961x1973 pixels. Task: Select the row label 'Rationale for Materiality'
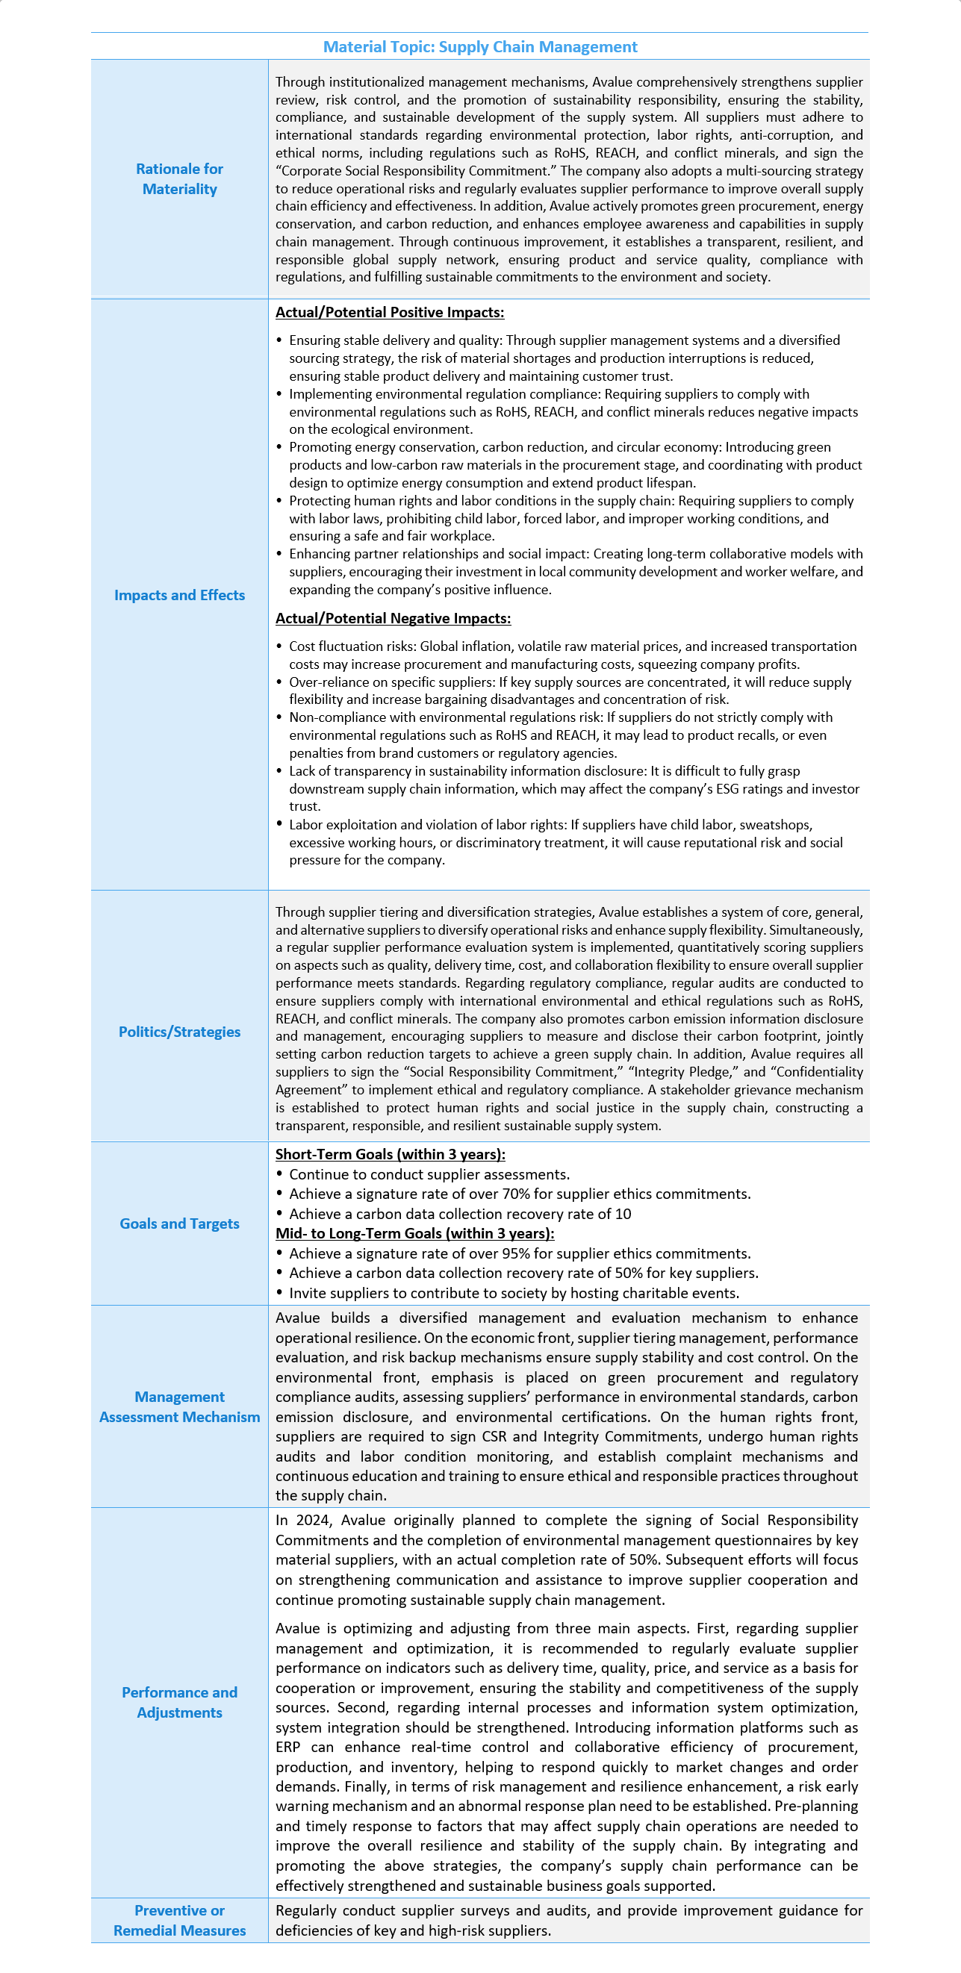(179, 178)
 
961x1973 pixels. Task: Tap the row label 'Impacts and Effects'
(179, 595)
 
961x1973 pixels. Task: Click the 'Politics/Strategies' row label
(179, 1032)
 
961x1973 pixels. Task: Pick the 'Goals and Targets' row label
(179, 1224)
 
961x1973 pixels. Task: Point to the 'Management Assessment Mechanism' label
(179, 1407)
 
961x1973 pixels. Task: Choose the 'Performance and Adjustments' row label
(179, 1702)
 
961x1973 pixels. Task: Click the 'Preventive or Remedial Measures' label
(179, 1920)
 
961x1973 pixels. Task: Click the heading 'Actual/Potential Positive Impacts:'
(389, 313)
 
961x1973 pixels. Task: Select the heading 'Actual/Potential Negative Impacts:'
(392, 618)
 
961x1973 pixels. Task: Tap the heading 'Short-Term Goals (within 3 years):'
(390, 1154)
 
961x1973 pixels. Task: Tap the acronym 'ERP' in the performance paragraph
(288, 1747)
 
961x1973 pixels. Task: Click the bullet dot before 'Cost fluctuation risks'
(280, 646)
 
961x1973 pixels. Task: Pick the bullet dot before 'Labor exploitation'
(280, 824)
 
